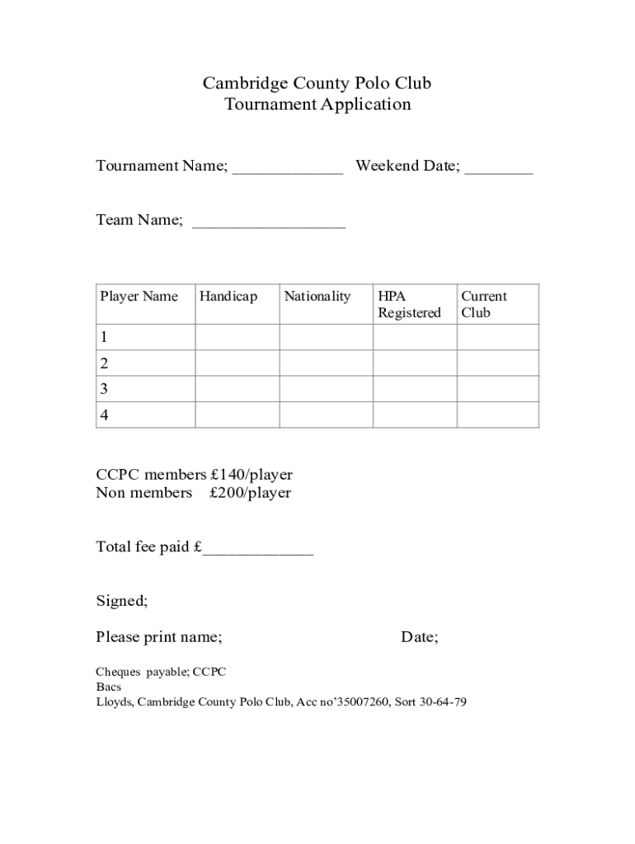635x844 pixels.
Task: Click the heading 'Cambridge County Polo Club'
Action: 317,83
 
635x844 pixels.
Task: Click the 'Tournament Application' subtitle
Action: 317,105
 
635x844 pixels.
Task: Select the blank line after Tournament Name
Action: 287,169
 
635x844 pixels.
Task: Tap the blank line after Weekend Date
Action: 498,169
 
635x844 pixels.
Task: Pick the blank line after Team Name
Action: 269,223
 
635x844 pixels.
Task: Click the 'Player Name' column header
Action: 139,297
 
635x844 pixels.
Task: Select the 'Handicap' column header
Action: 228,297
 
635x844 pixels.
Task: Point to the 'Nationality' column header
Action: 317,297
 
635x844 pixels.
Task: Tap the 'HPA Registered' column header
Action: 409,304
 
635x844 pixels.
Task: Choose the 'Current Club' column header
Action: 484,304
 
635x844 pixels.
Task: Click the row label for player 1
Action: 104,337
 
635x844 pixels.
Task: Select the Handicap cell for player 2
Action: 237,363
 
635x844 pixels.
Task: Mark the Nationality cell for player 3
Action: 326,389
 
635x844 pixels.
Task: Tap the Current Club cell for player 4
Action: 497,415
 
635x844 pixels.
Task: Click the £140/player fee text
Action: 251,475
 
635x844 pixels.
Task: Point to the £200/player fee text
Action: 250,493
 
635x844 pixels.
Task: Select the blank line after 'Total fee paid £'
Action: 258,550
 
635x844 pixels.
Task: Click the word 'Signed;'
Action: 122,601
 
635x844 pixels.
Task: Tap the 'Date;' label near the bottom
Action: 419,637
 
